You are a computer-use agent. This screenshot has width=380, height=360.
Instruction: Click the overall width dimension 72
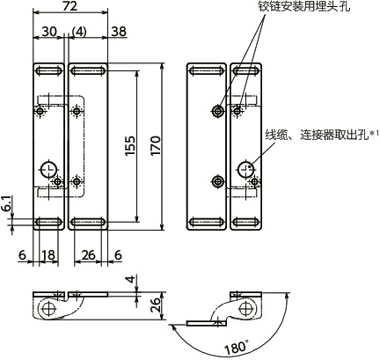point(69,7)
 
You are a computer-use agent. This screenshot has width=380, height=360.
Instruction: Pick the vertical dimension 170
point(156,145)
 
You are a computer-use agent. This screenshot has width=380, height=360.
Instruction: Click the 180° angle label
point(235,348)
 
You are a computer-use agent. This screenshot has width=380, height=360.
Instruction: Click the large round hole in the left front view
point(49,168)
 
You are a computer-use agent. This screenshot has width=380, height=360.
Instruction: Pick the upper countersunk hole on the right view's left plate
point(216,110)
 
